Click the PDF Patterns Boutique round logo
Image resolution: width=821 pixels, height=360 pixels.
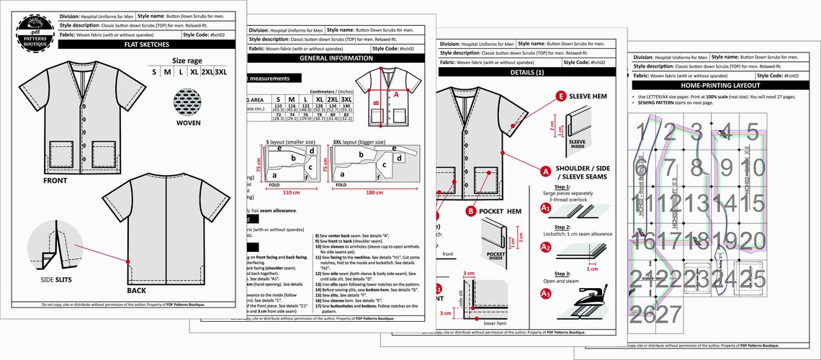[34, 32]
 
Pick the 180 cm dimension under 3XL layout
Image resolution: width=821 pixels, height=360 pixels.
[374, 193]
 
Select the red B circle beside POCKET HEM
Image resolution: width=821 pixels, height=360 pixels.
[470, 211]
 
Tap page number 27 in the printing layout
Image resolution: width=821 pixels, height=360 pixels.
[668, 314]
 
